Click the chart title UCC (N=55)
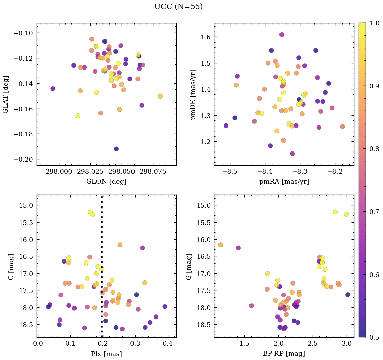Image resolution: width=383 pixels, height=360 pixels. tap(178, 7)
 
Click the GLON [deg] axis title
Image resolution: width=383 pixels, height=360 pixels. tap(106, 181)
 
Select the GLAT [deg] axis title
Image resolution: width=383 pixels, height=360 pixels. tap(6, 94)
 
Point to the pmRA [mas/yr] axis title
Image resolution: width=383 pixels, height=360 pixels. tap(284, 181)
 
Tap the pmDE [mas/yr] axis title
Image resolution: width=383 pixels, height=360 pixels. tap(194, 94)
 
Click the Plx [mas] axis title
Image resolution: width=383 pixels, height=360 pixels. tap(106, 354)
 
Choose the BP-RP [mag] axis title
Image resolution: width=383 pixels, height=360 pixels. tap(284, 354)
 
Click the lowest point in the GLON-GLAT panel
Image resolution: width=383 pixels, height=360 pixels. tap(116, 149)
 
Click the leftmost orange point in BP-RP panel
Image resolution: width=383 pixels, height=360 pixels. tap(220, 245)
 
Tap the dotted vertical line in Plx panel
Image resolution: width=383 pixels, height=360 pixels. tap(102, 236)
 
